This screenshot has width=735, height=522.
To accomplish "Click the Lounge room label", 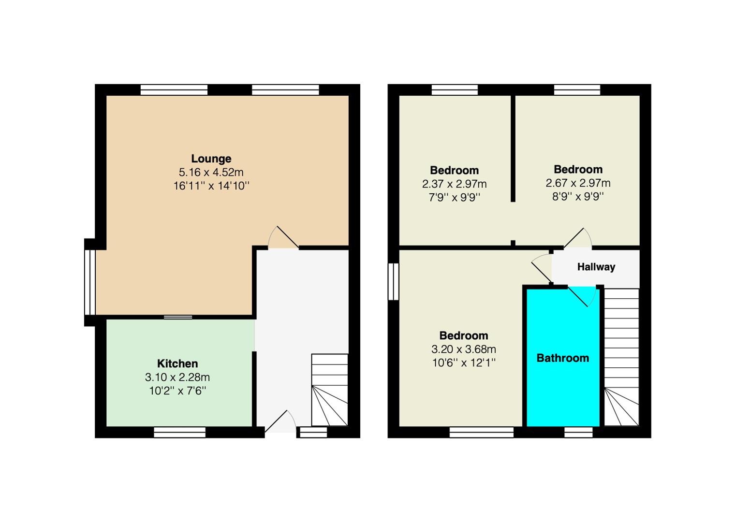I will click(x=211, y=159).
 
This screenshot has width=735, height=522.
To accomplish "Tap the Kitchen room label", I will click(x=177, y=363).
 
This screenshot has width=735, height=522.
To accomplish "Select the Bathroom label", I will click(x=562, y=358).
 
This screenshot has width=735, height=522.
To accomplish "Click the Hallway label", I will click(x=596, y=267).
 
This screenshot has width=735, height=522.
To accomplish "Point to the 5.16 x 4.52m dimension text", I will click(x=211, y=172).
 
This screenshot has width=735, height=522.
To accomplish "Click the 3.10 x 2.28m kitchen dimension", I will click(x=177, y=377).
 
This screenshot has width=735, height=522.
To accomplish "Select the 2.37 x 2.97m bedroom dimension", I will click(x=454, y=184).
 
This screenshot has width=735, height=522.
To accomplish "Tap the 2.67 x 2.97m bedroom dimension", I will click(x=578, y=183).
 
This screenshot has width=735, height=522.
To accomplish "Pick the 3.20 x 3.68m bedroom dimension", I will click(x=463, y=349).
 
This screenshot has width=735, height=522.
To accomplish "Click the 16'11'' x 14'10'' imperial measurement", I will click(x=211, y=186).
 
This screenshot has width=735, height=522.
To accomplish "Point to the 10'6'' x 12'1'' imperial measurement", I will click(x=463, y=362).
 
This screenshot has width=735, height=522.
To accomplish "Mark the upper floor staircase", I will click(x=621, y=358).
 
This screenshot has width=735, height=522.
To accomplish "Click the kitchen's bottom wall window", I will click(x=179, y=432).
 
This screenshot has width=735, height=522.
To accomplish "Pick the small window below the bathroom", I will click(x=578, y=432).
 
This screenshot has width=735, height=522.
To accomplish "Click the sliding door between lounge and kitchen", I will click(x=177, y=317).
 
